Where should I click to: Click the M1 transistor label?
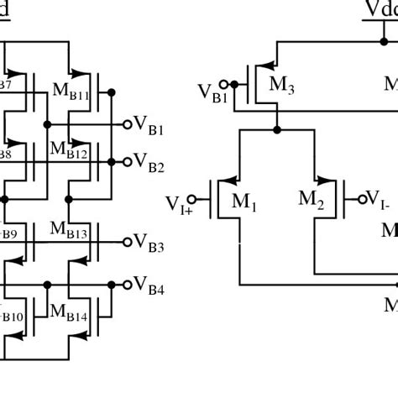[x=244, y=202]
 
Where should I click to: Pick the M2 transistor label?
[x=311, y=199]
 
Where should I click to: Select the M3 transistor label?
[x=280, y=84]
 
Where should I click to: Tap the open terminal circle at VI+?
[x=193, y=199]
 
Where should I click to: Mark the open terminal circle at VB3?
[x=128, y=242]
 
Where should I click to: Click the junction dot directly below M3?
[x=276, y=130]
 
